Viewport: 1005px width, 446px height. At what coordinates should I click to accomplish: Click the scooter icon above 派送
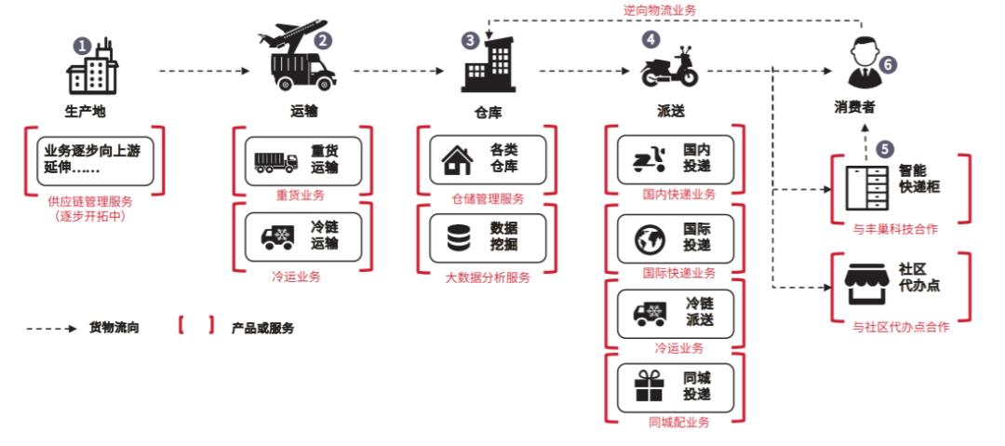tap(669, 70)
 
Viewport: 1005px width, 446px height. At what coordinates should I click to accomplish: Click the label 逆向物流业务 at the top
tap(660, 8)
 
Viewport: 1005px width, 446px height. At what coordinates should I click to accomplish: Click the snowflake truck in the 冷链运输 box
tap(276, 237)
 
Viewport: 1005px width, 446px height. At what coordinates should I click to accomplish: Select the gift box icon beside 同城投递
tap(645, 385)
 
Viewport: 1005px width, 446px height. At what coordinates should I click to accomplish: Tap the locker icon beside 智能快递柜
tap(861, 185)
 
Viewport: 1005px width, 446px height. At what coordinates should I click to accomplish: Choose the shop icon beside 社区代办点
tap(861, 282)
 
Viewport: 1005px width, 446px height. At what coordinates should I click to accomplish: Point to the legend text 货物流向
tap(114, 328)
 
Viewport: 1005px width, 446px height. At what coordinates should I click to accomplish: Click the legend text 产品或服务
tap(263, 328)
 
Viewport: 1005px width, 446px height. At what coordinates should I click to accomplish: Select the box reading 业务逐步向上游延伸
tap(96, 156)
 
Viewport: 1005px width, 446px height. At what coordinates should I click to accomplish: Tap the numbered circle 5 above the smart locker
tap(886, 148)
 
